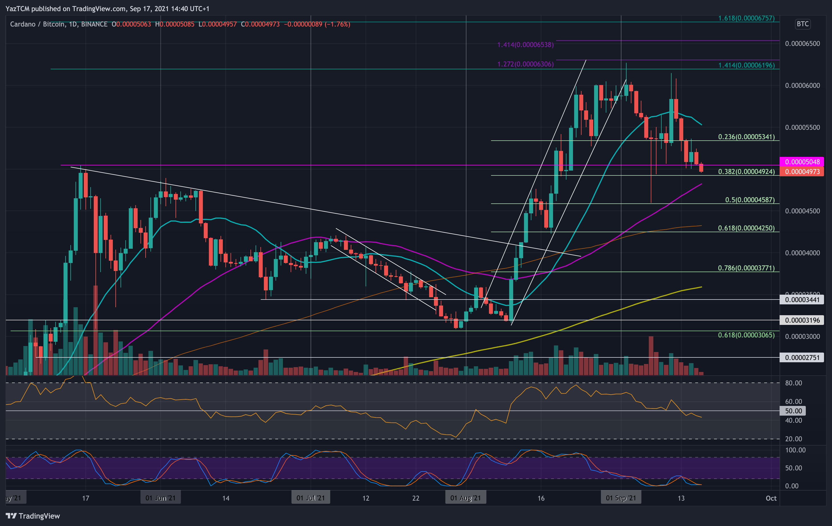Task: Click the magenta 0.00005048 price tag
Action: pos(802,162)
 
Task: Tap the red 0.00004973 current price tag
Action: pos(802,171)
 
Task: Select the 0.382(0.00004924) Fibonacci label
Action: pos(746,171)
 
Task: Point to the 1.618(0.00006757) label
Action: pos(746,18)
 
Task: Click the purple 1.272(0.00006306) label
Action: pos(525,64)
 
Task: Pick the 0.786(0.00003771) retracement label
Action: pos(746,268)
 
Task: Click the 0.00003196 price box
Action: pos(802,320)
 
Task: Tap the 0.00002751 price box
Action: pos(802,358)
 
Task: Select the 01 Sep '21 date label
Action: pos(621,498)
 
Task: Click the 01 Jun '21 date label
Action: pos(160,498)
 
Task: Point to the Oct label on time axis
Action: pos(771,498)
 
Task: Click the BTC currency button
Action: pos(802,24)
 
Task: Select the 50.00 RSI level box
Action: pos(793,411)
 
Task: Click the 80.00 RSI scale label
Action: pos(793,383)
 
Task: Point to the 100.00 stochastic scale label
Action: pos(795,450)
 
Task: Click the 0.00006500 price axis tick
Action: pos(802,44)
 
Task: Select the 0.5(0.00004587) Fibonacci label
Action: pos(749,200)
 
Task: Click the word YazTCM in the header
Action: pos(17,9)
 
